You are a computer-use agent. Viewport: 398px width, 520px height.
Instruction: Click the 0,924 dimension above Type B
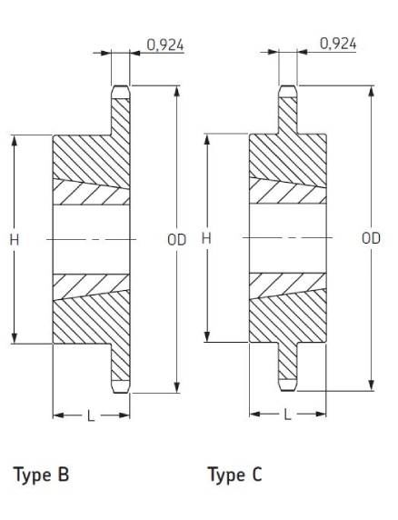point(165,45)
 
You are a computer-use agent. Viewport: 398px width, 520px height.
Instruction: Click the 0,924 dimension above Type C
point(338,44)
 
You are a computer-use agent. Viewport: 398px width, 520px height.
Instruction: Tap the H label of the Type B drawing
point(15,239)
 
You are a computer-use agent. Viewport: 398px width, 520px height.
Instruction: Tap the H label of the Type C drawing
point(206,238)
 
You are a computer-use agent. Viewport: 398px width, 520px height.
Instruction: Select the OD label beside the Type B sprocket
point(176,240)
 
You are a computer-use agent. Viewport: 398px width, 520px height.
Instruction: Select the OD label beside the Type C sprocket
point(371,238)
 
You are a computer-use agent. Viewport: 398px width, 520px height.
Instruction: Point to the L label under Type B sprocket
point(91,415)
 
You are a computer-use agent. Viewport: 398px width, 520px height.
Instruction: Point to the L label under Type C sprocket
point(287,415)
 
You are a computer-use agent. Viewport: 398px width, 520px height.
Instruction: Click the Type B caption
point(41,475)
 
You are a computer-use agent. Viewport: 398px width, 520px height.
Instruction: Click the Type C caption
point(234,475)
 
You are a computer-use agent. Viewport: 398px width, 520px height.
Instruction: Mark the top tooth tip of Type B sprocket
point(120,86)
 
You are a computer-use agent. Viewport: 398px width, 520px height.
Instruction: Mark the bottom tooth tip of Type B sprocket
point(120,393)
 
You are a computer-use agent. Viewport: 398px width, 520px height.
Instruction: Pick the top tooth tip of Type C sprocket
point(288,85)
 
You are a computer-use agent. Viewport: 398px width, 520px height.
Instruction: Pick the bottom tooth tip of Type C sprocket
point(288,390)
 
